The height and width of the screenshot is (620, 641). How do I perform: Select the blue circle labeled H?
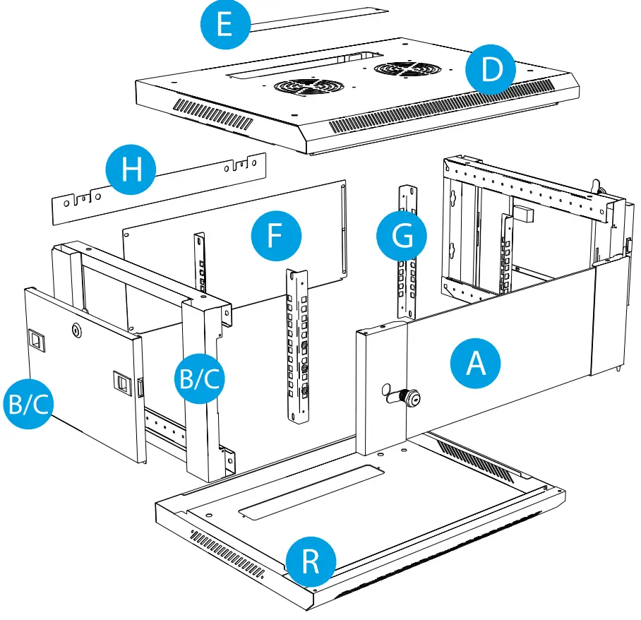coord(131,170)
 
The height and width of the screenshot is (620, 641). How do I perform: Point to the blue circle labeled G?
coord(402,237)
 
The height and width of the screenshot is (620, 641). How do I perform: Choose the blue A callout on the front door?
coord(475,364)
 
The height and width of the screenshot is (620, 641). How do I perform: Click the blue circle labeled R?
coord(311,562)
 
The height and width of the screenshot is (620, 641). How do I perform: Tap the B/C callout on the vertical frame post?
coord(200,379)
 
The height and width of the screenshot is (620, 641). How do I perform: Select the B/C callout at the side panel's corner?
coord(28,405)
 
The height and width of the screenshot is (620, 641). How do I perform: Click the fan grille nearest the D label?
coord(405,69)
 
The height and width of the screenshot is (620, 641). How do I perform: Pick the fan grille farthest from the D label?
coord(305,86)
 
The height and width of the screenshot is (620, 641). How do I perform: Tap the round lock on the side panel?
coord(76,329)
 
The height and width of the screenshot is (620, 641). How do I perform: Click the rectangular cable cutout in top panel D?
coord(304,63)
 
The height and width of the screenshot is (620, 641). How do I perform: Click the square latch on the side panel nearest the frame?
coord(123,383)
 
